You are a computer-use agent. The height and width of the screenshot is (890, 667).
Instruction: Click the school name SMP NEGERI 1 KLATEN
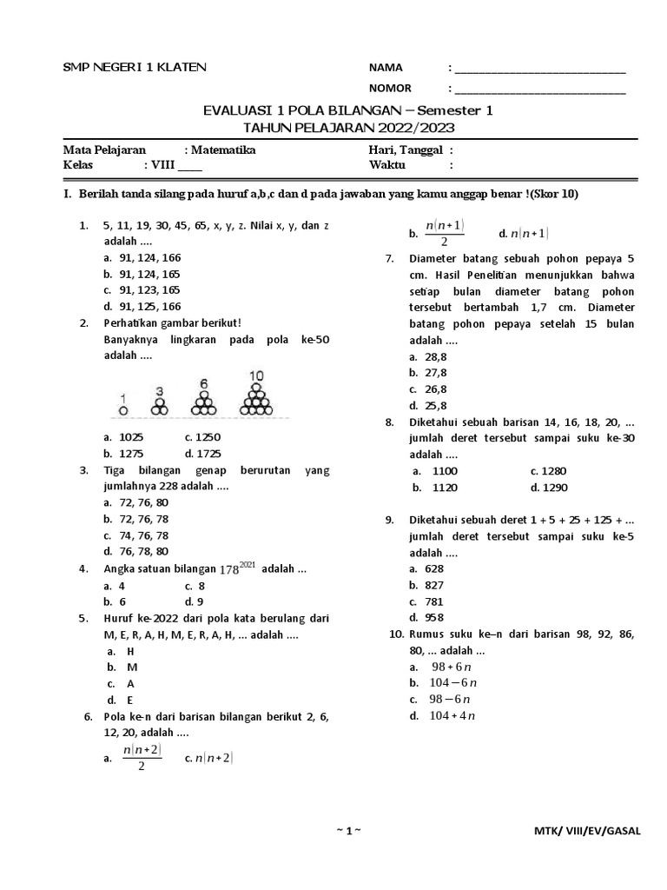pos(135,69)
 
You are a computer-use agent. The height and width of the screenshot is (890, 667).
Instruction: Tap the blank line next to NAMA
pos(540,70)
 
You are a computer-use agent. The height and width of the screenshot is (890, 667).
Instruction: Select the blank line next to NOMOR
pos(540,89)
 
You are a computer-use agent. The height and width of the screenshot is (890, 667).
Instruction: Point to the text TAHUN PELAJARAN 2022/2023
pos(347,128)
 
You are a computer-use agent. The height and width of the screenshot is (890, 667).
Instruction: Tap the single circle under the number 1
pos(123,408)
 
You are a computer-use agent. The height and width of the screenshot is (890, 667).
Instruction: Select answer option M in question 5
pos(133,667)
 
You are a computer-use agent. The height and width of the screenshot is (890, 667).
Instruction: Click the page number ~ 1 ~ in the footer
pos(347,831)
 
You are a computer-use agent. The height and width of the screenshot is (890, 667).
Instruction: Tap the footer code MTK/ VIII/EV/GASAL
pos(587,831)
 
